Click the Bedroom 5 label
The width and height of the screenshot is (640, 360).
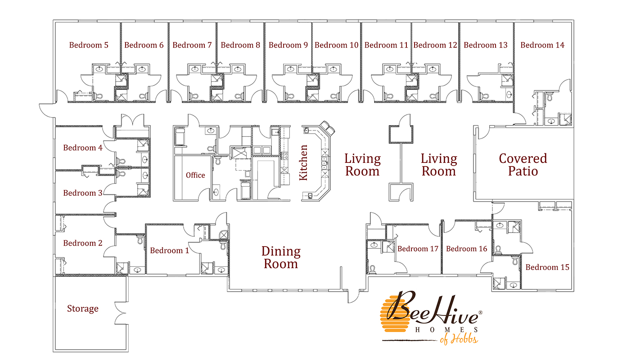(89, 45)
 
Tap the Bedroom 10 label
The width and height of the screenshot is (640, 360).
(336, 45)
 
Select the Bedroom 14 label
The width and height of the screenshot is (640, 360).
(542, 45)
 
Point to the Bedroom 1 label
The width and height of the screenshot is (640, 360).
(169, 251)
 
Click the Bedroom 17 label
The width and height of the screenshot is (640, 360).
(418, 249)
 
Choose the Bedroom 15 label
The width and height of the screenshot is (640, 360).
(547, 267)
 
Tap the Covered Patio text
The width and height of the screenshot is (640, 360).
(523, 165)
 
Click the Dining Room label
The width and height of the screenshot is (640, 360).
(281, 257)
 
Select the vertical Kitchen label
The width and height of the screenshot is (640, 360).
(304, 162)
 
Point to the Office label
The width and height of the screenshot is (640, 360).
(195, 175)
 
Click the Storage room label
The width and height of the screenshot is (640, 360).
(83, 309)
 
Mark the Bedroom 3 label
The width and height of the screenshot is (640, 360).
(83, 193)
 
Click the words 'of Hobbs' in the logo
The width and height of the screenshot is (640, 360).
(459, 338)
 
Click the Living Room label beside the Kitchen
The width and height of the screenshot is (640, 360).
(362, 165)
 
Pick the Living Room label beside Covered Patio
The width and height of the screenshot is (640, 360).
(438, 165)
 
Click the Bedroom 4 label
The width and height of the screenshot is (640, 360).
(83, 148)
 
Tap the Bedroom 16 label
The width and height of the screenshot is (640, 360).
(466, 249)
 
